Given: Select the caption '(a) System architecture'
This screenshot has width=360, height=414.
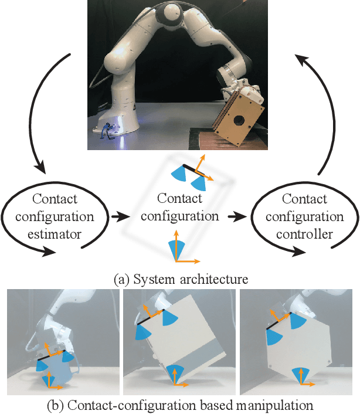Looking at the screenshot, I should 180,280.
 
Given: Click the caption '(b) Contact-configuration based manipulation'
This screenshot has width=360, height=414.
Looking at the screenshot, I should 180,405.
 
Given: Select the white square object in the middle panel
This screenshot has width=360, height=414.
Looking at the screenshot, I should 186,334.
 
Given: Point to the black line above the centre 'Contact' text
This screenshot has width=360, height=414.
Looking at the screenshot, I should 190,169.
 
